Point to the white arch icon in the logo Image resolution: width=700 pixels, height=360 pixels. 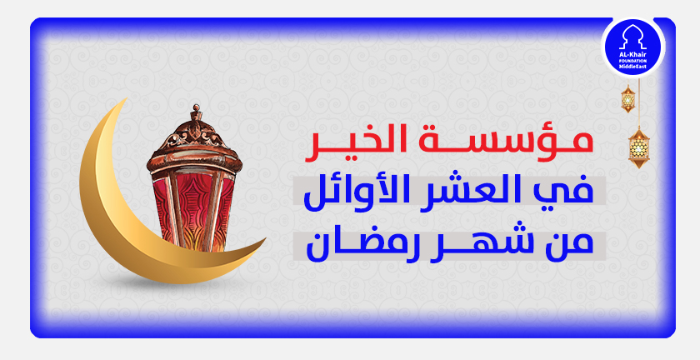pos(633,38)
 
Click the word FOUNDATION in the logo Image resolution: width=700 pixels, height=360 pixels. pos(633,62)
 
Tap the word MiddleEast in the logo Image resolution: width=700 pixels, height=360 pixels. pos(633,67)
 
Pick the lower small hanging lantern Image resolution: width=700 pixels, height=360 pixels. pos(638,148)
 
